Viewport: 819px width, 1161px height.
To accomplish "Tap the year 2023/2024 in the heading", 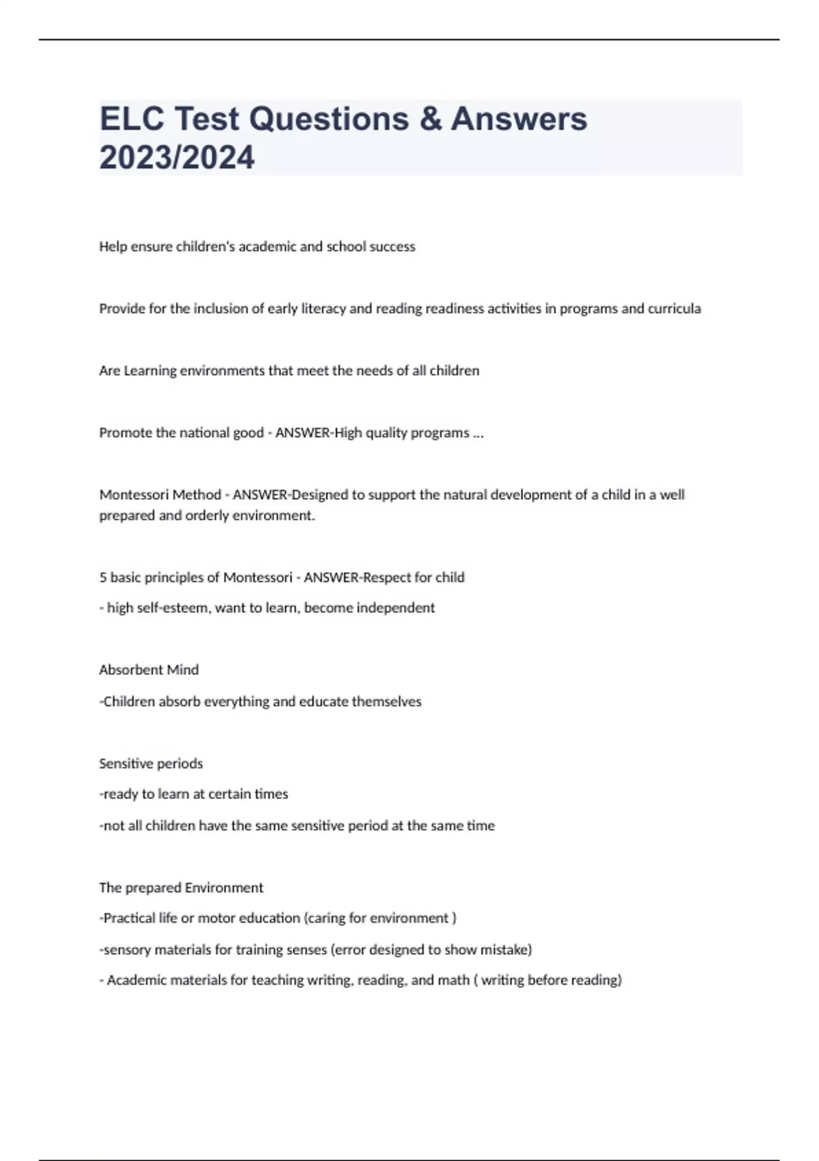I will [177, 157].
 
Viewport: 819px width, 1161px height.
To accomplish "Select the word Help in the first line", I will [113, 247].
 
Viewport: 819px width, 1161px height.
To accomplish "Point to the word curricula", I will [674, 309].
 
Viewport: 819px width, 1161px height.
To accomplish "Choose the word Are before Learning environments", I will [109, 371].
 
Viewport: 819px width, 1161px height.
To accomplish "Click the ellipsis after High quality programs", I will [478, 433].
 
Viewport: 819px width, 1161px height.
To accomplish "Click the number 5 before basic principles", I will [103, 578].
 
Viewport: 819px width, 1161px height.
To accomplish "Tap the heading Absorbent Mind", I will [149, 670].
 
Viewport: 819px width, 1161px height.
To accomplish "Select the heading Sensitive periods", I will [151, 764].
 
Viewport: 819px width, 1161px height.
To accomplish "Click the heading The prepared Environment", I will [181, 888].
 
